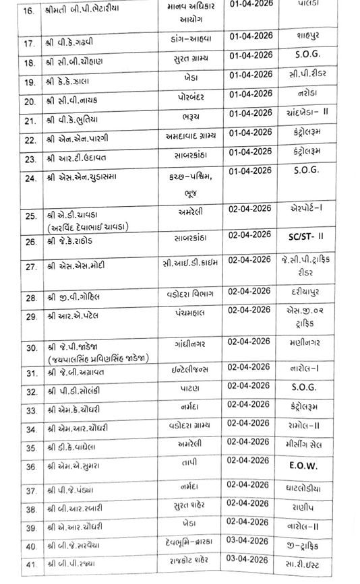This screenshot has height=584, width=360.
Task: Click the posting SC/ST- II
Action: tap(311, 239)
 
